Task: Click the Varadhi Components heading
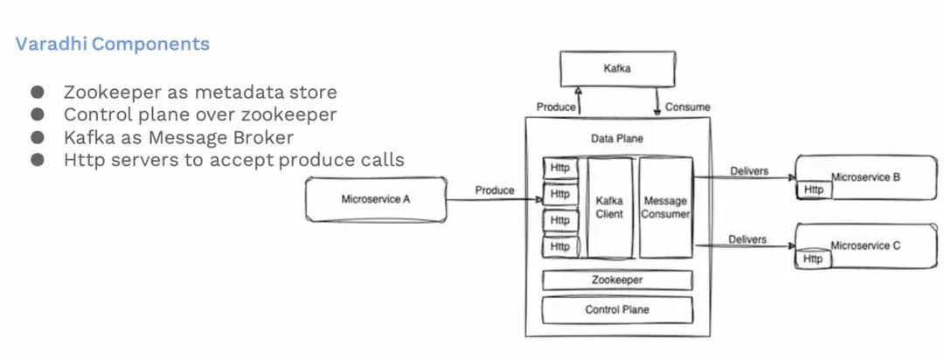113,44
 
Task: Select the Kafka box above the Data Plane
617,67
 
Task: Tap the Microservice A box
376,199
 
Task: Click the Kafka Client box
609,207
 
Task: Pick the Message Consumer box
665,207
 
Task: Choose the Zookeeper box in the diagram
617,280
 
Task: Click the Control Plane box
617,309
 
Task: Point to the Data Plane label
616,139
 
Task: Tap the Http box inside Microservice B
814,190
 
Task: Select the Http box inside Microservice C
813,259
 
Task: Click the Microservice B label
865,177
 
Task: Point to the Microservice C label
865,246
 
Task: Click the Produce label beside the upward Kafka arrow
555,107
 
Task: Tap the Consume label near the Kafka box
688,107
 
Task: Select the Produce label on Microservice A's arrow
495,190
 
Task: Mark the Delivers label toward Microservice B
747,171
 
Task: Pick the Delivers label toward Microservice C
747,239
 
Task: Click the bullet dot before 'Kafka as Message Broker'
37,136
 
